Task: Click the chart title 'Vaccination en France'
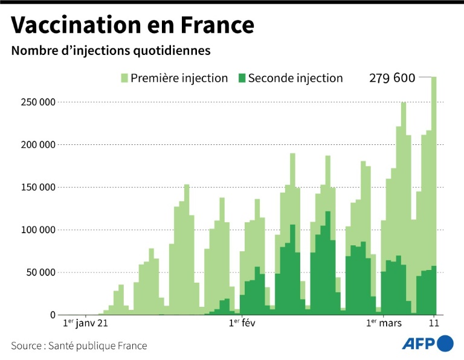132,25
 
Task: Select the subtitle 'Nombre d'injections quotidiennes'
111,51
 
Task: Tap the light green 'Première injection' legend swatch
125,78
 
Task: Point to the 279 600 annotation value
392,78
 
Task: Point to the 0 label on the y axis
53,315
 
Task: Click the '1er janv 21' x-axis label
86,324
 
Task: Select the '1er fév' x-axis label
242,324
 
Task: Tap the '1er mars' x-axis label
384,324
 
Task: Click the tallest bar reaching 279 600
434,181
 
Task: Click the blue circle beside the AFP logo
445,344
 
